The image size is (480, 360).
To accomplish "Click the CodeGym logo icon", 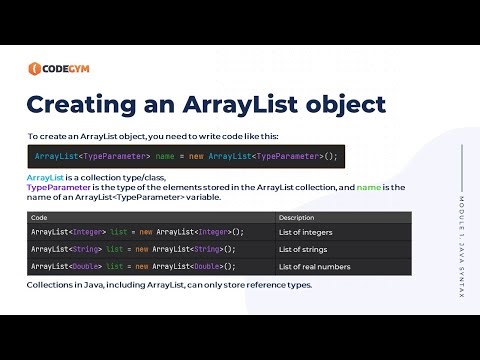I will (x=35, y=69).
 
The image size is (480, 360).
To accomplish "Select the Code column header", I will (x=39, y=217).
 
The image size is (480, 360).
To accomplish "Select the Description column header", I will (x=296, y=217).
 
